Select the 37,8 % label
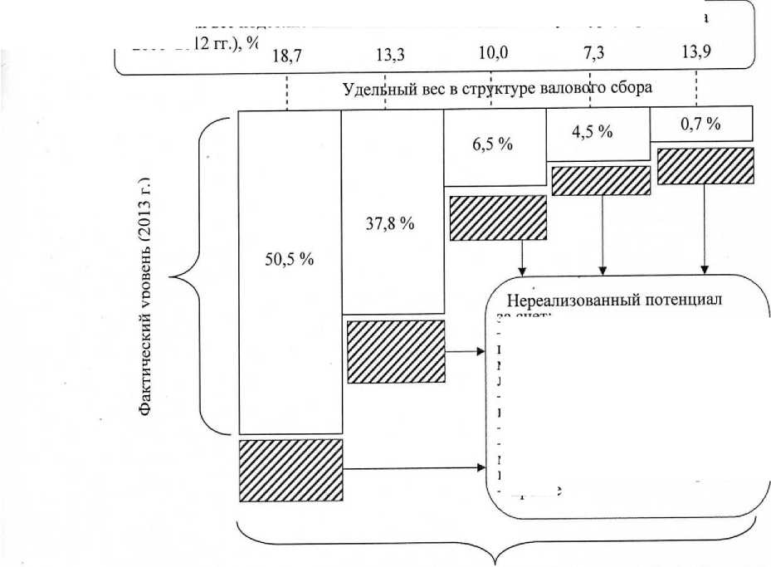[x=390, y=224]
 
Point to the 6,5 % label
[x=493, y=144]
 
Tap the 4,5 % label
[x=593, y=132]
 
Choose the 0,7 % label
[x=700, y=124]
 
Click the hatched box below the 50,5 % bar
[x=290, y=471]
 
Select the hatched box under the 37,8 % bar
[x=395, y=352]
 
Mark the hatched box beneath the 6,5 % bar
[x=498, y=218]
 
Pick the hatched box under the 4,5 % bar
[x=601, y=180]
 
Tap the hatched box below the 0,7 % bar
[x=705, y=166]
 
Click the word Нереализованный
[x=564, y=300]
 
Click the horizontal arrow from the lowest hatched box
[x=415, y=469]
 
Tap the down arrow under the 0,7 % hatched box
[x=705, y=229]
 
